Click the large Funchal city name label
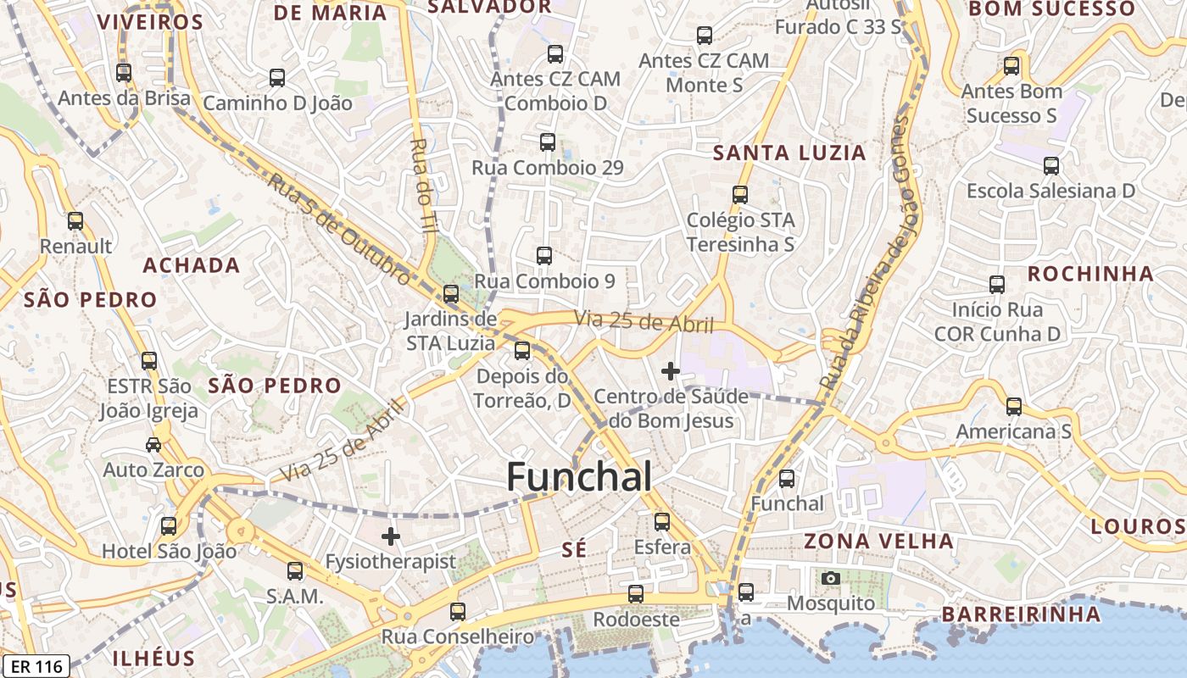coord(579,477)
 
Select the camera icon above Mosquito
coord(831,578)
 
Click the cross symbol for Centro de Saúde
coord(671,370)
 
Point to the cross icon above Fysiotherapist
coord(390,536)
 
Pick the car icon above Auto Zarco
coord(153,444)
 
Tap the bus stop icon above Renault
coord(75,221)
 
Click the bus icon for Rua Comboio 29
coord(548,142)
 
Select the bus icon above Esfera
coord(662,521)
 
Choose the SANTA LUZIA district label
coord(789,153)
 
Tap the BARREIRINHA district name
coord(1021,614)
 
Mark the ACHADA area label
coord(192,265)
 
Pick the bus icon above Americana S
coord(1014,407)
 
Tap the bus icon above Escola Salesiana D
coord(1051,165)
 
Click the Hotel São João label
coord(170,552)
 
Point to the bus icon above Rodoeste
coord(636,594)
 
